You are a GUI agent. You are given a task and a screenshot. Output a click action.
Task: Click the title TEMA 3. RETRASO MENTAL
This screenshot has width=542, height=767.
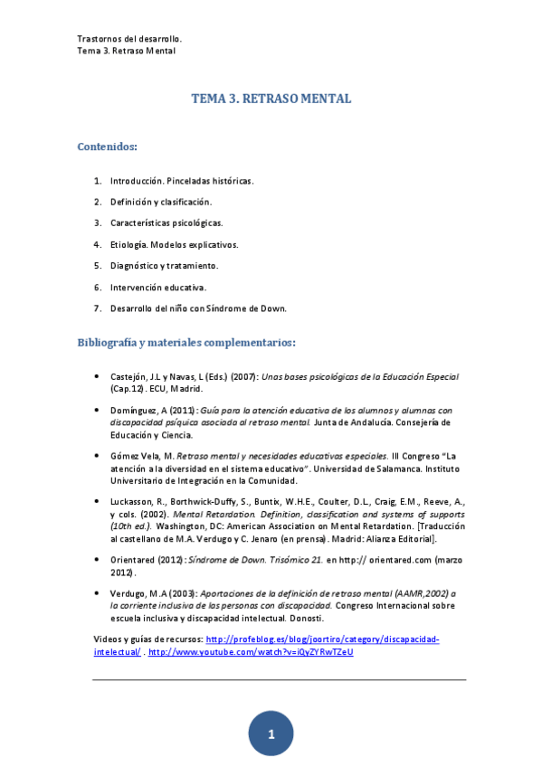(271, 98)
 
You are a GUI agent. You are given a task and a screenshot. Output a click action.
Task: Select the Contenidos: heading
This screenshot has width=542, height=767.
(108, 146)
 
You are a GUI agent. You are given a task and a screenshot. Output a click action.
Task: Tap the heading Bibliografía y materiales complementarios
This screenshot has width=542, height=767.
(186, 343)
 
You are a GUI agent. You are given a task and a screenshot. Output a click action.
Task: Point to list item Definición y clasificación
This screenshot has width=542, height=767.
(161, 202)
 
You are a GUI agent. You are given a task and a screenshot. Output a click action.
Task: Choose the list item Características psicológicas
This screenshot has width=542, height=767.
(166, 223)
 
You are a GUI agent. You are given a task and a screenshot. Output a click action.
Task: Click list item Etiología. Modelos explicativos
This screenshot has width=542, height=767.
(175, 244)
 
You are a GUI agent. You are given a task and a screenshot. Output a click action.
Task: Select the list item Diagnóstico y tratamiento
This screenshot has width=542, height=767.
(165, 266)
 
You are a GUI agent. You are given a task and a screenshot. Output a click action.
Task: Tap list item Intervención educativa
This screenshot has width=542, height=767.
(158, 287)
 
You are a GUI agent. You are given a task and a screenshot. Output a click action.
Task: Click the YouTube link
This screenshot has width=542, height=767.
(251, 651)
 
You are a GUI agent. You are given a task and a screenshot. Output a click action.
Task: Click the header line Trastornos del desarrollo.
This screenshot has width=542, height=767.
(130, 39)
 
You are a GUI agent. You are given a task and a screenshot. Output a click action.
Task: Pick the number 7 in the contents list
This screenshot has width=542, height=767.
(97, 308)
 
